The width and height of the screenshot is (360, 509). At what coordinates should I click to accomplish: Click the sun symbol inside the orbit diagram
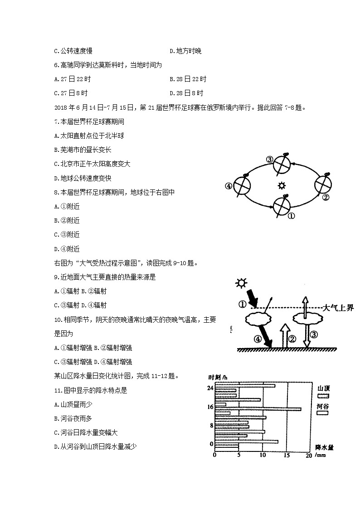(282, 185)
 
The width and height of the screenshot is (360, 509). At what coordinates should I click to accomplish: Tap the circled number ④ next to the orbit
(229, 186)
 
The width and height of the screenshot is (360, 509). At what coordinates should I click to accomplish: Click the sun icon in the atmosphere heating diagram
(241, 284)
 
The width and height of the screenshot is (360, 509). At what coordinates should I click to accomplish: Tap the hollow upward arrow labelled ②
(285, 336)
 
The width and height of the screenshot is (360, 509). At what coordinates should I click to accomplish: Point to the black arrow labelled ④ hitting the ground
(264, 338)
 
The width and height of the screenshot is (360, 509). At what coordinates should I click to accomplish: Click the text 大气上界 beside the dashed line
(338, 308)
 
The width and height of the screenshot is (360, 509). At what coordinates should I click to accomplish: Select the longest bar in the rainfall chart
(258, 409)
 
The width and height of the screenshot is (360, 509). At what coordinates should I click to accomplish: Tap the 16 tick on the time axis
(210, 407)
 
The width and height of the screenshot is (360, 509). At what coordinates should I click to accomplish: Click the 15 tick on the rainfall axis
(286, 456)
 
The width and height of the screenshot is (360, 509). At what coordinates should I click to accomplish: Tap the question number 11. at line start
(57, 390)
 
